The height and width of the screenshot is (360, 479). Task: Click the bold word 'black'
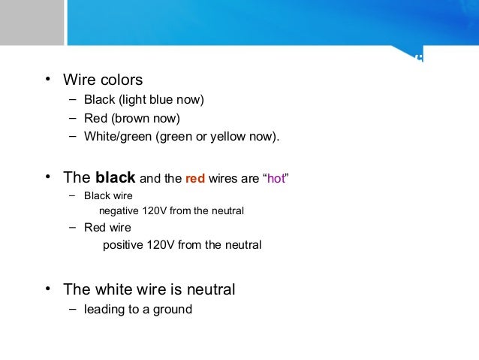115,178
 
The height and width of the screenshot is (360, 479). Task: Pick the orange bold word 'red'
195,179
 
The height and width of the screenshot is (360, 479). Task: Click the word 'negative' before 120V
119,211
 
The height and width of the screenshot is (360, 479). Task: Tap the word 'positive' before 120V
122,245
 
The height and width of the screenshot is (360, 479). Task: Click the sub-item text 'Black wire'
108,196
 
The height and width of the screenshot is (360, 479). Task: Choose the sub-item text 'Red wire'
107,228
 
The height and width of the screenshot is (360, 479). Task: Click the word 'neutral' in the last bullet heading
210,289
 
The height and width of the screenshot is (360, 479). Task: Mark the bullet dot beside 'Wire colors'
47,79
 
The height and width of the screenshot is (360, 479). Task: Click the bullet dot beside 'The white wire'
47,289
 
